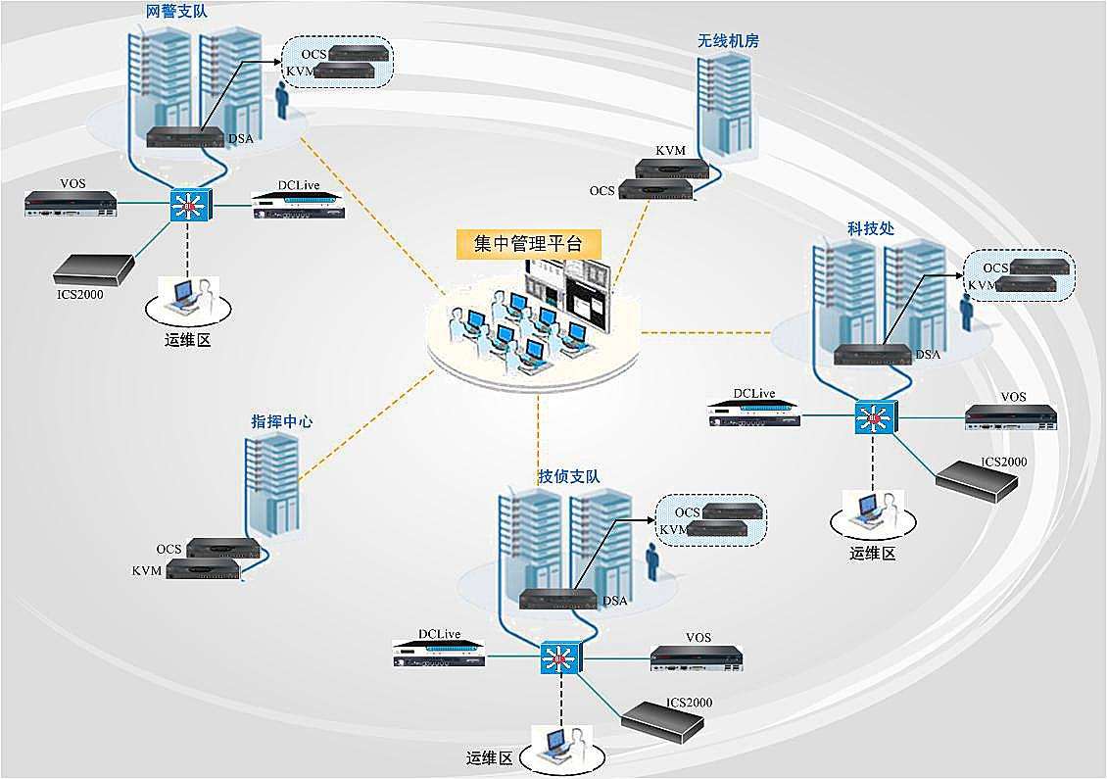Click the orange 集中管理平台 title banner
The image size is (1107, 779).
(x=528, y=244)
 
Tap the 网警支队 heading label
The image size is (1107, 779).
(x=176, y=12)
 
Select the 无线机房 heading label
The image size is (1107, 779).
(x=728, y=41)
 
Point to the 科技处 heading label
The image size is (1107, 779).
(x=871, y=229)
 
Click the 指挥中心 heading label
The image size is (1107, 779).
(x=282, y=421)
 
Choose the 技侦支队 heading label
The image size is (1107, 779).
(x=569, y=477)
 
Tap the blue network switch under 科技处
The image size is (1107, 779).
(x=875, y=417)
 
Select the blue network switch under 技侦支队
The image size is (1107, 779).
(x=560, y=658)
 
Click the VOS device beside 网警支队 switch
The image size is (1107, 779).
(x=71, y=204)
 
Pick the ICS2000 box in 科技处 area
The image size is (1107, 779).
(x=977, y=482)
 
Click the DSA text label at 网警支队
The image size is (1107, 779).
(x=241, y=138)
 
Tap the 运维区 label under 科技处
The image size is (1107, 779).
(x=873, y=553)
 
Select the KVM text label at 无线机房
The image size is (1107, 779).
(x=670, y=151)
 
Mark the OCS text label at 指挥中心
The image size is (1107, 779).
(x=168, y=549)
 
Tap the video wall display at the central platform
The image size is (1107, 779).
(x=567, y=291)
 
